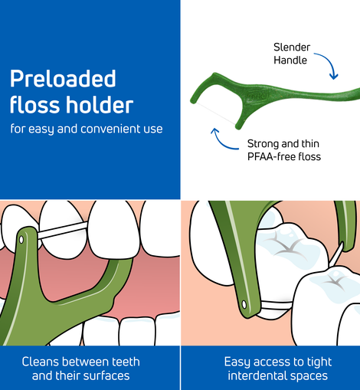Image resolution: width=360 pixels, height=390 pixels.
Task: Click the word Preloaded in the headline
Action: coord(63,78)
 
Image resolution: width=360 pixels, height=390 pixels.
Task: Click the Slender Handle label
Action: coord(292,54)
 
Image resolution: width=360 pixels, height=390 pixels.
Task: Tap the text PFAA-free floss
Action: coord(284,156)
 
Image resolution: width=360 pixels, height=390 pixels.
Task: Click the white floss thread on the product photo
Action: coord(216,113)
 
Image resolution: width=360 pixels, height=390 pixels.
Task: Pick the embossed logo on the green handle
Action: coord(257,97)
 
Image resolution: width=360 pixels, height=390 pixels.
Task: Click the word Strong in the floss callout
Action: coord(261,144)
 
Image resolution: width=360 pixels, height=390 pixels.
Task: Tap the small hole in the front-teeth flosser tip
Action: coord(21,240)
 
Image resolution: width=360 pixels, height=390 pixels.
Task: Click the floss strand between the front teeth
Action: coord(63,230)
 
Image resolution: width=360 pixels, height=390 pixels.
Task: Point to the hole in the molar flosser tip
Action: coord(244,304)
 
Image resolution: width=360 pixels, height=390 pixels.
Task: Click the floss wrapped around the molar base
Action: coord(277,306)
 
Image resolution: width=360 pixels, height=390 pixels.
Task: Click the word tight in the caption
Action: coord(319,362)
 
